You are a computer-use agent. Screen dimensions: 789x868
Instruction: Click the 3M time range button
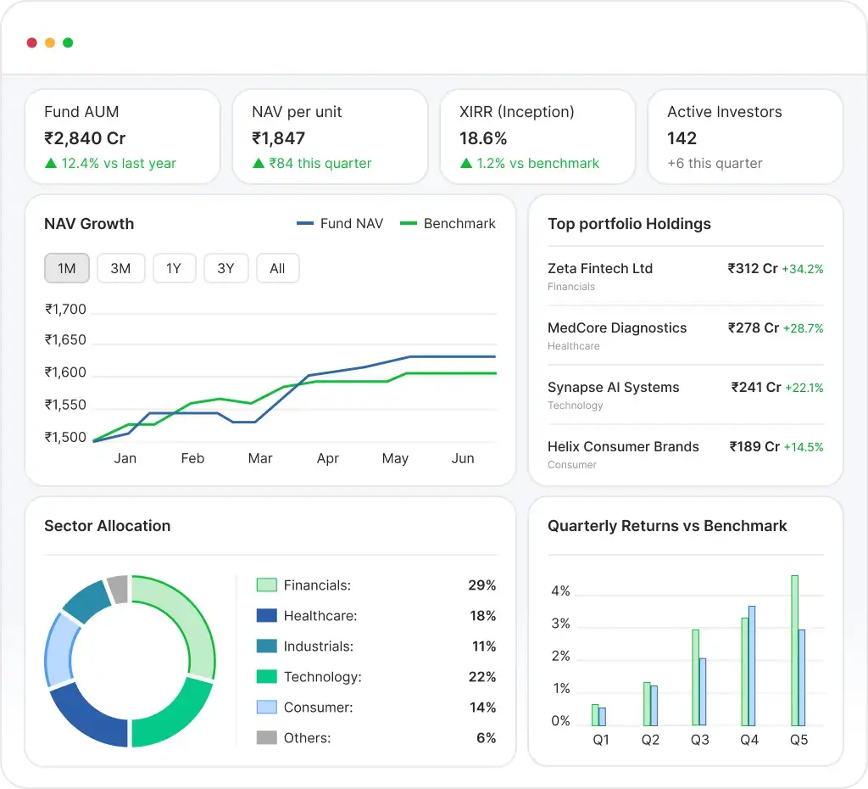[x=120, y=269]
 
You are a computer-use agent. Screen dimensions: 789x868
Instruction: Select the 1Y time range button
[x=174, y=269]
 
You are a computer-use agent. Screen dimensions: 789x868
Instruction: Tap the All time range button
[x=277, y=269]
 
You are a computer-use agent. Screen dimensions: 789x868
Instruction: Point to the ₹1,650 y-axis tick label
[x=65, y=340]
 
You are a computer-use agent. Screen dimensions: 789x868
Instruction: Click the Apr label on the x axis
[x=327, y=458]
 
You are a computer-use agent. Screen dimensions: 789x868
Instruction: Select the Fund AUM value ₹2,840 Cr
[x=85, y=138]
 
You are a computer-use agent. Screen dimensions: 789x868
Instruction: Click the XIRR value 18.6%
[x=483, y=138]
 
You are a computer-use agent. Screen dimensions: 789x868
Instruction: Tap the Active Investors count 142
[x=682, y=138]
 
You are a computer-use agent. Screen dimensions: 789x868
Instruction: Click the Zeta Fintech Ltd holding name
[x=600, y=269]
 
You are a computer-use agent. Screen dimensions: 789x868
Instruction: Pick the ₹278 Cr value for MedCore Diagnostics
[x=753, y=328]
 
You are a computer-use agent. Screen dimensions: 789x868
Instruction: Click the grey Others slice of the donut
[x=118, y=589]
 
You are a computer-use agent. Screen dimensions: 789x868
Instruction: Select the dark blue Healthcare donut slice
[x=87, y=715]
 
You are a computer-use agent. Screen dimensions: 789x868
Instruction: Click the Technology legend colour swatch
[x=266, y=677]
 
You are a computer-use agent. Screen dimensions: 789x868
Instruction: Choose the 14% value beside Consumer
[x=482, y=708]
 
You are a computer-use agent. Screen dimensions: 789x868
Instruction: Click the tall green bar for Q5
[x=794, y=650]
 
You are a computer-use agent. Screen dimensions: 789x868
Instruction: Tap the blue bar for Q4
[x=752, y=665]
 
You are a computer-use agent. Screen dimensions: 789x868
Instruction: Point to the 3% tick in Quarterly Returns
[x=560, y=624]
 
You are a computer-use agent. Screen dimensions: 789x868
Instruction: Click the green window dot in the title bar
[x=68, y=42]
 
